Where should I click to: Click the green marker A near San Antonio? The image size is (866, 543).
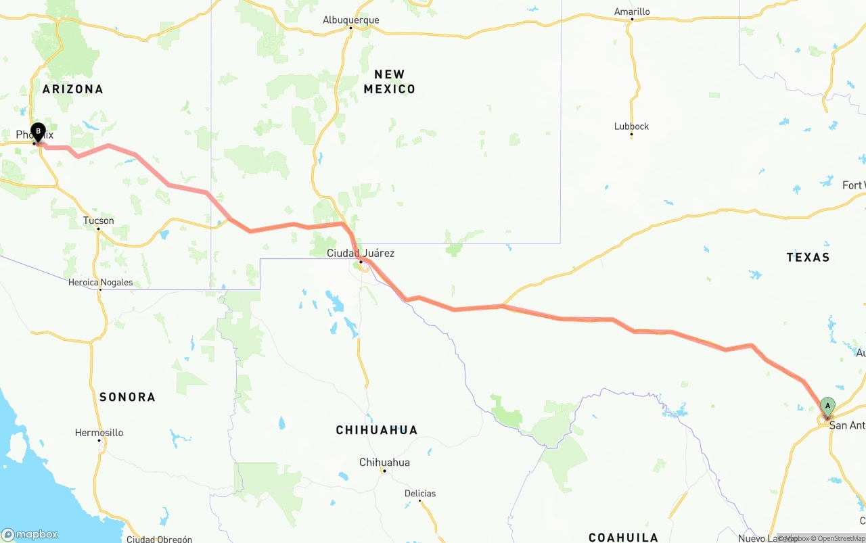827,406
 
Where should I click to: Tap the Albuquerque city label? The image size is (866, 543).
350,20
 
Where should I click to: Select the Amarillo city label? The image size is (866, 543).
632,11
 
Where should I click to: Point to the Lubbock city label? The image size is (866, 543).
631,126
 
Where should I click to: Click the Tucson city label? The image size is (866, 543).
99,220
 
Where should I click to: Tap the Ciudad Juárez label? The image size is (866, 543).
361,253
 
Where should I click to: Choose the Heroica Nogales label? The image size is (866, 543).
100,283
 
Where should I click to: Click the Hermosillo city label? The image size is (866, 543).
99,433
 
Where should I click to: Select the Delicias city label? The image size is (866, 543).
420,493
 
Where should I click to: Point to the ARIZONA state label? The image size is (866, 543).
73,89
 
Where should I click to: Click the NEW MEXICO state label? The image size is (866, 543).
390,82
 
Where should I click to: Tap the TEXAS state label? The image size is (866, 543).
808,257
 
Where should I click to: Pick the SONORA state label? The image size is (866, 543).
127,397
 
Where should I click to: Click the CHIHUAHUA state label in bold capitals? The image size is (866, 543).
377,430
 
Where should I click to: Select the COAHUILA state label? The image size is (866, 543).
623,538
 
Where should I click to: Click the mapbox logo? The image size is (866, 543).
30,534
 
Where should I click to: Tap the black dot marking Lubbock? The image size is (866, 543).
631,135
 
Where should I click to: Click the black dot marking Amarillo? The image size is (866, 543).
632,20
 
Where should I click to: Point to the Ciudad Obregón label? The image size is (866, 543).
159,539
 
